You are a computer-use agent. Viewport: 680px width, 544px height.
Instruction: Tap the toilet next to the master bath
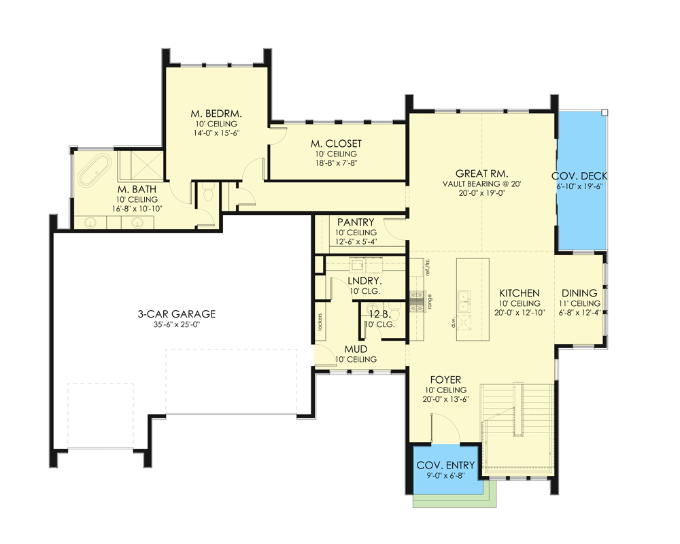click(x=209, y=194)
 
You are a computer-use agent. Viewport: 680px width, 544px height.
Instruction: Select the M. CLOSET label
click(x=336, y=143)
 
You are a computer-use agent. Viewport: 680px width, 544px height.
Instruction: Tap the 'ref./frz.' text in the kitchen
click(x=428, y=267)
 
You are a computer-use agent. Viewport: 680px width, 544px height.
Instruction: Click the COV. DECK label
click(x=579, y=176)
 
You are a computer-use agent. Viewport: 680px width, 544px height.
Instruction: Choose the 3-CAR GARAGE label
click(x=176, y=314)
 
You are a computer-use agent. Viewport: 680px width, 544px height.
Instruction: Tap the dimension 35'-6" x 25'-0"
click(x=176, y=325)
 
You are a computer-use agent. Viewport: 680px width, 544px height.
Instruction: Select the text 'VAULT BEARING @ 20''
click(x=481, y=184)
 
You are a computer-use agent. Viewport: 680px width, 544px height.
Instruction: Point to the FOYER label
click(x=445, y=379)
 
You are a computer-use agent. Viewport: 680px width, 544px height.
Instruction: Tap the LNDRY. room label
click(x=364, y=280)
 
